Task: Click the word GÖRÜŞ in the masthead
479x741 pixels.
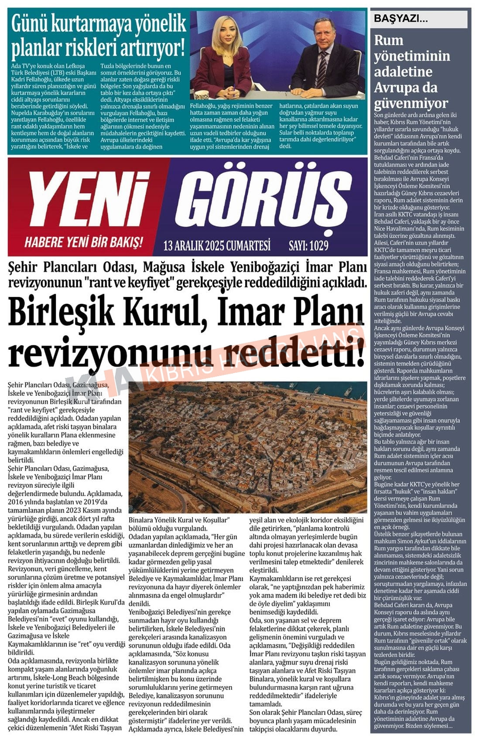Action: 264,199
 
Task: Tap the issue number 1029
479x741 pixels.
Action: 319,246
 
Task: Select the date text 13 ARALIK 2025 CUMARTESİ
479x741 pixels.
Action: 217,246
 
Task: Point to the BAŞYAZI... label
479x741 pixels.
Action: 400,18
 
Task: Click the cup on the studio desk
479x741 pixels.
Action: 201,95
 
